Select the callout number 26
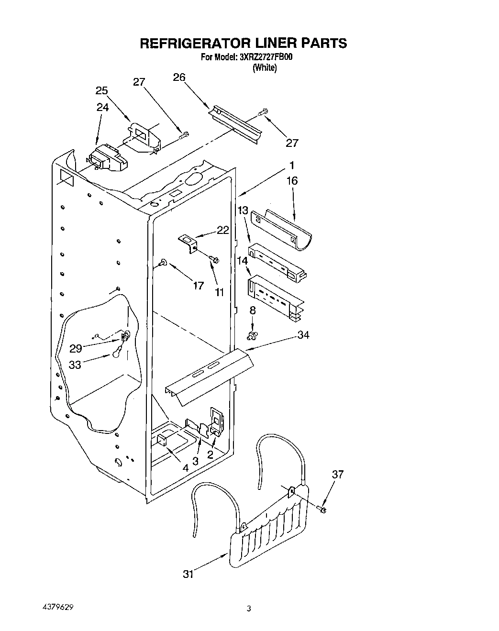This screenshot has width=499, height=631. coord(179,78)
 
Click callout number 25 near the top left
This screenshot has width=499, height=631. coord(101,90)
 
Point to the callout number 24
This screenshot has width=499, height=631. coord(102,108)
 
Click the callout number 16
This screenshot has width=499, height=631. coord(292,180)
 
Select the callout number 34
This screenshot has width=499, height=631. coord(303,335)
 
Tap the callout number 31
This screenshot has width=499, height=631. coord(189,575)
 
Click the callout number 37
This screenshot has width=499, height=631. coord(338,474)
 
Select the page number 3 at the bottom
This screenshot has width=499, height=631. coord(249,609)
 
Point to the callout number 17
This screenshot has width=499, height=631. coord(198,286)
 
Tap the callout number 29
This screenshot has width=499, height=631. coord(76,348)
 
